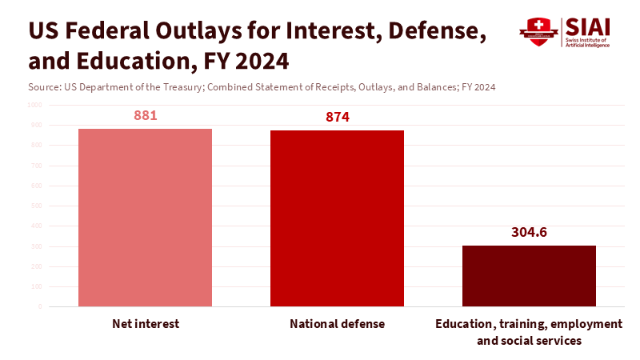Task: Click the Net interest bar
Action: click(145, 218)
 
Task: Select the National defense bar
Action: click(337, 218)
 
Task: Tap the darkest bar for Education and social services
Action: click(529, 276)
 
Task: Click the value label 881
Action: click(145, 115)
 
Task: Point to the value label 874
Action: click(338, 117)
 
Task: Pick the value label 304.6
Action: click(529, 233)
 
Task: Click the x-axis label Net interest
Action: click(145, 324)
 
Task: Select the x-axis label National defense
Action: click(337, 324)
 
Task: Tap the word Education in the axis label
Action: click(464, 324)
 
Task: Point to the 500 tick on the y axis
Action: click(35, 206)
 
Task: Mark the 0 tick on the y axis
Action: click(39, 306)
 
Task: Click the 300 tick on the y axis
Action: click(35, 246)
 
